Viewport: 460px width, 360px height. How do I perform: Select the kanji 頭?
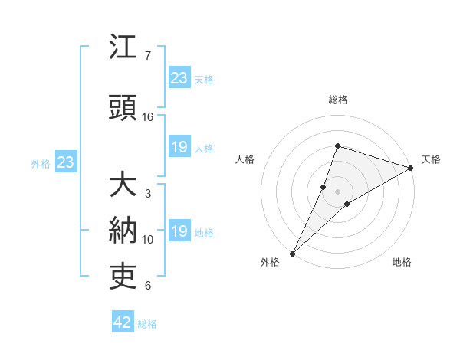coord(123,108)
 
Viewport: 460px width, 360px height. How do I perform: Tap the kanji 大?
coord(123,185)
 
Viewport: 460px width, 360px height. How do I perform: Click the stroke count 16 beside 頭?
coord(148,117)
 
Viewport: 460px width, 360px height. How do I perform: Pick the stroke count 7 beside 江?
coord(148,56)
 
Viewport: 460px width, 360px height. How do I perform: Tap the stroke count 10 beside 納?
coord(148,240)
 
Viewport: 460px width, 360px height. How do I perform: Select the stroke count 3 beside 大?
coord(148,194)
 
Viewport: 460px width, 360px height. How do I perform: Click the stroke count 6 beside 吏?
coord(148,286)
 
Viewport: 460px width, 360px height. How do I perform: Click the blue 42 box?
coord(123,322)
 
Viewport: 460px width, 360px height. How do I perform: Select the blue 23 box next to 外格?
coord(65,162)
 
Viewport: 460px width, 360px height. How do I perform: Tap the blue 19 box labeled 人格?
coord(179,147)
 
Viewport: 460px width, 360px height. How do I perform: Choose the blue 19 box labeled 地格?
coord(179,231)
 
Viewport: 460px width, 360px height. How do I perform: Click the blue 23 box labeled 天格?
coord(179,77)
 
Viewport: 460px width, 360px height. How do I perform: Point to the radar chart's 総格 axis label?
coord(337,100)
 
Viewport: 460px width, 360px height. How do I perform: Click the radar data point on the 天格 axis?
coord(411,168)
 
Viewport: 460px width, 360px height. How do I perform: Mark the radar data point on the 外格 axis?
coord(292,254)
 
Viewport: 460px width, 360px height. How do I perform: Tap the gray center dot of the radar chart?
coord(338,191)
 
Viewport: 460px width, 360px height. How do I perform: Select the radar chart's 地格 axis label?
coord(402,262)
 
